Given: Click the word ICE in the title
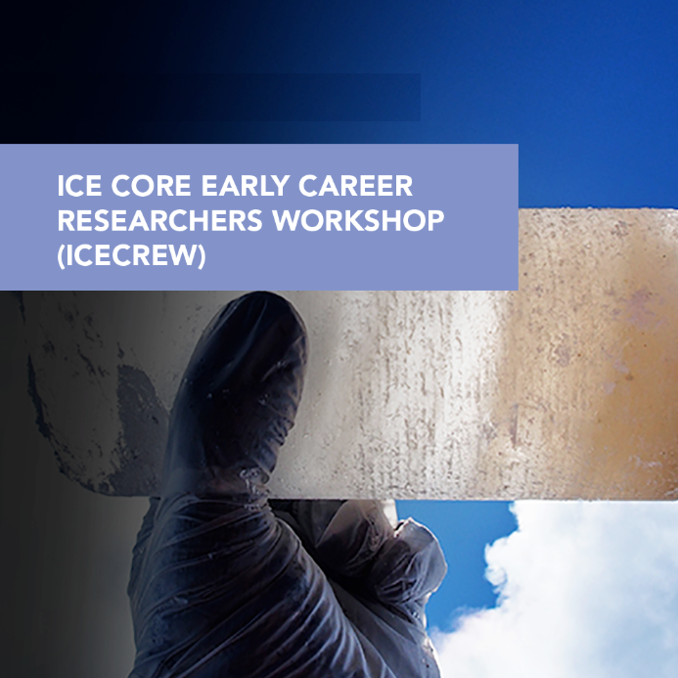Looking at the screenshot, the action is pos(79,186).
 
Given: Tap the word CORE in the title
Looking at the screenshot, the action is pos(151,186).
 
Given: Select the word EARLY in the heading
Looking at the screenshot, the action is pos(246,186).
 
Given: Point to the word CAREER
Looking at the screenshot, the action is pos(355,186).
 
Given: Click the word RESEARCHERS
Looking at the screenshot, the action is pos(160,220).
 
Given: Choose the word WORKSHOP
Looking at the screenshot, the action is pos(358,220).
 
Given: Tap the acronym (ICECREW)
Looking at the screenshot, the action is pos(131,255).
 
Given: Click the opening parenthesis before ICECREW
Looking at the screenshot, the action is pos(61,256).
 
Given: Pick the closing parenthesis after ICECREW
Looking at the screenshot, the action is pos(202,256).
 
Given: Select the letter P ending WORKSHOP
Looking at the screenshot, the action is pos(435,220).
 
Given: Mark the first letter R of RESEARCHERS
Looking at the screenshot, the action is pos(67,220).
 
